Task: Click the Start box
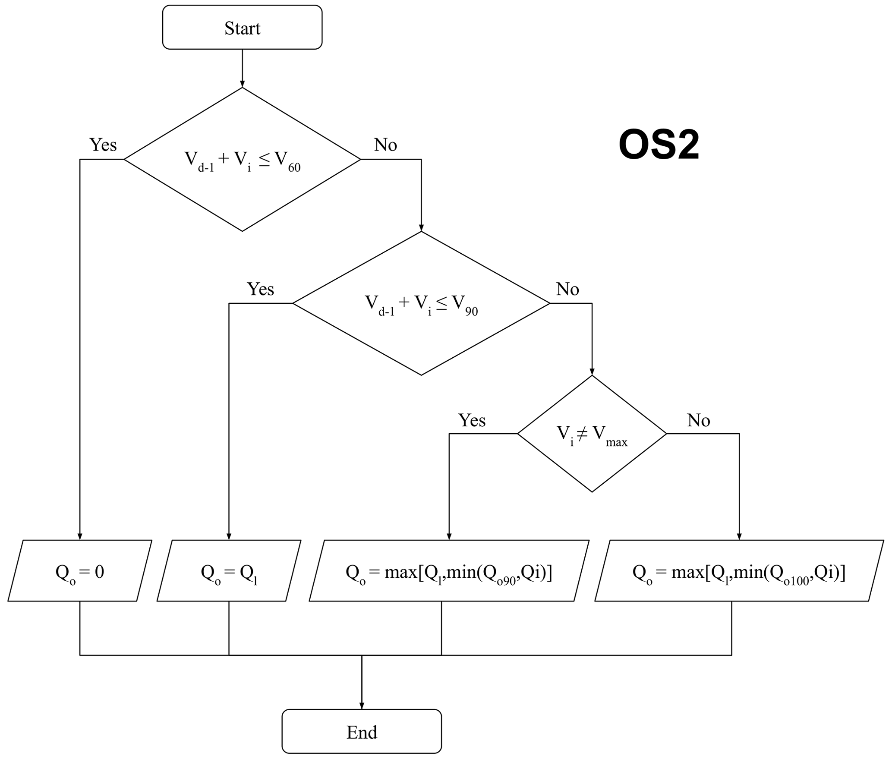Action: [x=242, y=28]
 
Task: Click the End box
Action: [x=362, y=732]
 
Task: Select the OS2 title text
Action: [x=659, y=145]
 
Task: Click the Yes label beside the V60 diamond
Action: [x=103, y=145]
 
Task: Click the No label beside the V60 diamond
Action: [x=385, y=145]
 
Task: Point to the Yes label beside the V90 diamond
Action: [x=260, y=289]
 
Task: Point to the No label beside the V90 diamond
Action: [x=567, y=289]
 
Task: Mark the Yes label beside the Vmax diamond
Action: [x=472, y=420]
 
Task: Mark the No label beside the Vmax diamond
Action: [x=698, y=420]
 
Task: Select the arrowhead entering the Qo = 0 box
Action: [x=80, y=536]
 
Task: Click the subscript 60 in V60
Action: [x=294, y=168]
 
